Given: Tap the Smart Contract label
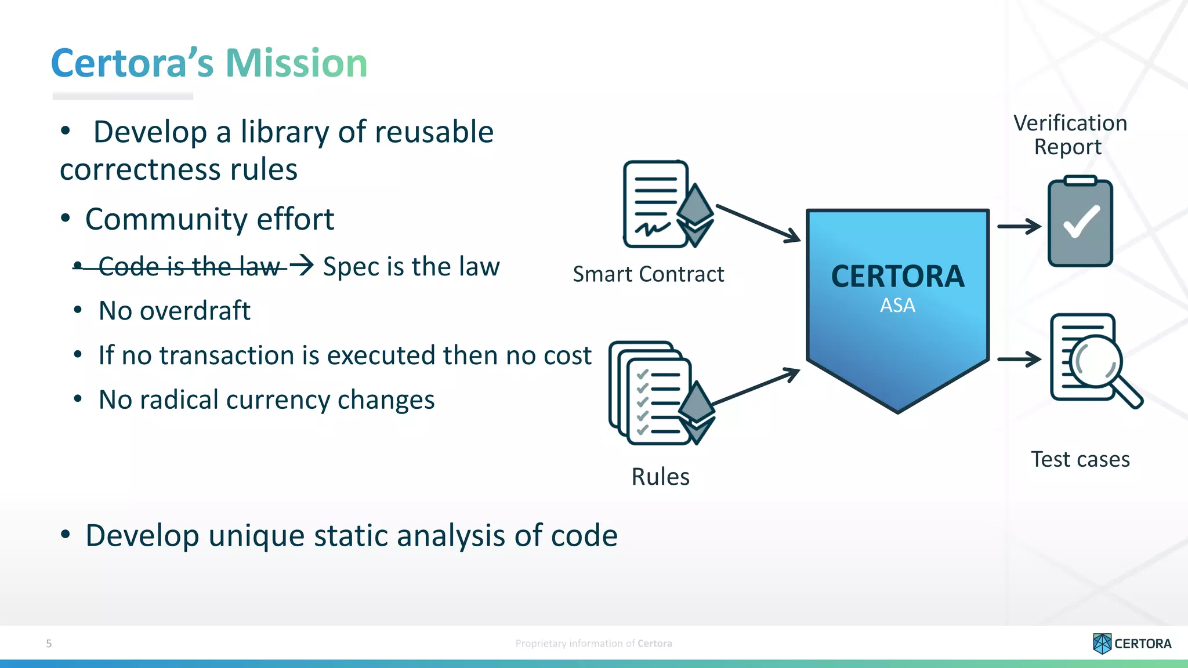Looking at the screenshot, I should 648,274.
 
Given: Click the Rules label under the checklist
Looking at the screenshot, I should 660,477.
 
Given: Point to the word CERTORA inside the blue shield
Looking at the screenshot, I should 897,276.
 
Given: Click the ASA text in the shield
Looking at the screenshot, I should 897,305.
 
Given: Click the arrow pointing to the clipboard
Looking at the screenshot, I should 1019,226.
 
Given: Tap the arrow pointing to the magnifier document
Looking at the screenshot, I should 1019,359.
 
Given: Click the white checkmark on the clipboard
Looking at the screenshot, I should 1081,222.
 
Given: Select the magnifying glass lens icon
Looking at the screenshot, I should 1095,361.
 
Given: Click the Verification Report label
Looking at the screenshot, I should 1070,135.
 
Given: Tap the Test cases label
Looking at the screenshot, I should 1080,459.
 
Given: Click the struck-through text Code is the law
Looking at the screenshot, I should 189,266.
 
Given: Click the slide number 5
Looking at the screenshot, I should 49,643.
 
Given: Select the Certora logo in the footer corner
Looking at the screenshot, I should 1132,643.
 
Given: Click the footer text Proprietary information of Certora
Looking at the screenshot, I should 593,643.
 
